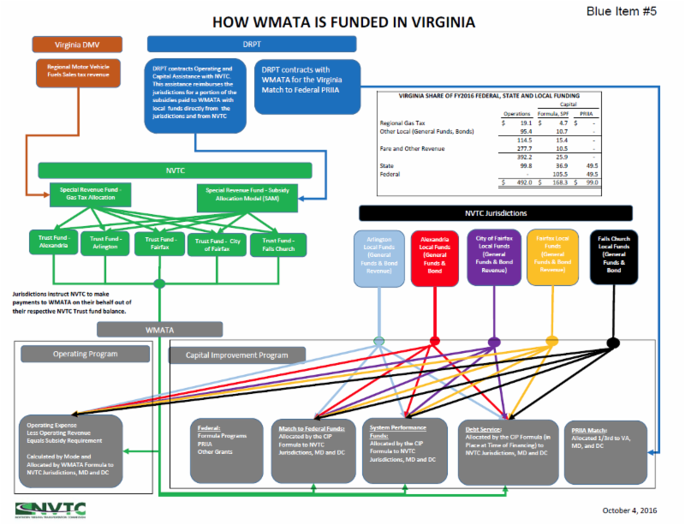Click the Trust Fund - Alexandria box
click(x=52, y=242)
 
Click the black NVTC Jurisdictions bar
click(x=496, y=213)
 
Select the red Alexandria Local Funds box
click(x=434, y=256)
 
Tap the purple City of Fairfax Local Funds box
click(x=494, y=256)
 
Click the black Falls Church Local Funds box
click(x=612, y=256)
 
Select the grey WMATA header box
click(x=160, y=330)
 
